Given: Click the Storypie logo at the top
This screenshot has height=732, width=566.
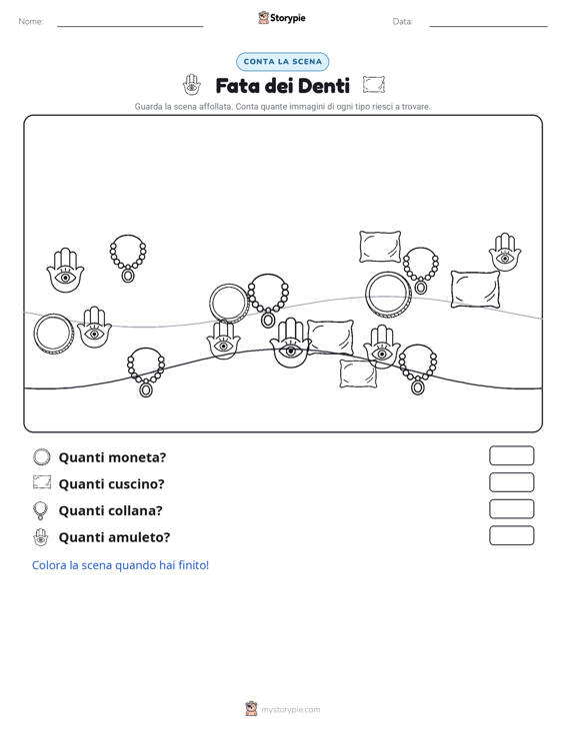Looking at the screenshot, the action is point(282,18).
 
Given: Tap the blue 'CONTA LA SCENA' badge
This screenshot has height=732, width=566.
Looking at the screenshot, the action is point(282,62).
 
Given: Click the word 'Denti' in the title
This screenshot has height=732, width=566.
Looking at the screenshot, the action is point(323,86).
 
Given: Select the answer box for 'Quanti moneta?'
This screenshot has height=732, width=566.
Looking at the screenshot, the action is point(511,455).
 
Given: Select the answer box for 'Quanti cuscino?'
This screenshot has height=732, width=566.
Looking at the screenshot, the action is point(511,482).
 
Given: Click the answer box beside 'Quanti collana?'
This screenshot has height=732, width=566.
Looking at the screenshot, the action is point(511,509).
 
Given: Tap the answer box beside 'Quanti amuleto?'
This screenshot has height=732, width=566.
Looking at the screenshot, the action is point(511,535).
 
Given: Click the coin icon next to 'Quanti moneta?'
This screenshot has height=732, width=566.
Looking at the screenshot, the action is point(42,457).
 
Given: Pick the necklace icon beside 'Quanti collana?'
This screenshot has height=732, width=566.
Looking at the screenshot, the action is point(41,510).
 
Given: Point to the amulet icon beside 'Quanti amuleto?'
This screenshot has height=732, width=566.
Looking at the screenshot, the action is point(41,537).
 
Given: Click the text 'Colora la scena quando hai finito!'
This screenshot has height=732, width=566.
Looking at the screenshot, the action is point(120,565).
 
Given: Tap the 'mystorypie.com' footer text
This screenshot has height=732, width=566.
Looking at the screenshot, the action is point(290,710).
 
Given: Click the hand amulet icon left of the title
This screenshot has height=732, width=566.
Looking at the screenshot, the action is point(192,85).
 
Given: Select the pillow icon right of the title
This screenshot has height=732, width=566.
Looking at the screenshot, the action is point(374,85).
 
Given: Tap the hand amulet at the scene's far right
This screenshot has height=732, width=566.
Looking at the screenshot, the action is point(505,253).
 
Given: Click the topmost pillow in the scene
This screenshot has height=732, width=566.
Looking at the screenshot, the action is point(380,247).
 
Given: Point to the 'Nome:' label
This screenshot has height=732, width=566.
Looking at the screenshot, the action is point(31,22).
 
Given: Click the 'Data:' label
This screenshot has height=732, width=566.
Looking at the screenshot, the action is point(402,22).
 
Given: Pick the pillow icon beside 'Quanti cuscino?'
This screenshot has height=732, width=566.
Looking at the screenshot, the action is point(42,482).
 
